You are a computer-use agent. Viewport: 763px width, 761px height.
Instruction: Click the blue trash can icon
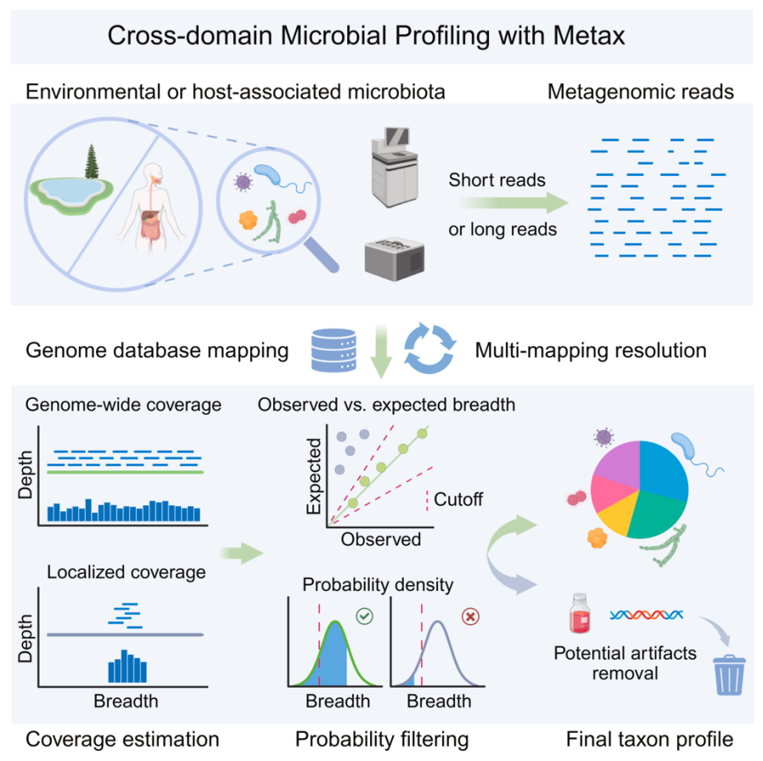pos(729,675)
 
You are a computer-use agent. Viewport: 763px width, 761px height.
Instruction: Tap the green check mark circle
pos(364,616)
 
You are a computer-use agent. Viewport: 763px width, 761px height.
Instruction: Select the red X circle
pos(470,617)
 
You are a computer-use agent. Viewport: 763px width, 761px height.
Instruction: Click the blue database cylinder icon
pos(334,350)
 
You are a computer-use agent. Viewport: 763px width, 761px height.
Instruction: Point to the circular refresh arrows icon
pos(429,348)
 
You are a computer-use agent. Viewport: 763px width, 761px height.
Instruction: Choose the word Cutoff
pos(458,499)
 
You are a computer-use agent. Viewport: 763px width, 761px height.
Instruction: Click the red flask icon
pos(580,613)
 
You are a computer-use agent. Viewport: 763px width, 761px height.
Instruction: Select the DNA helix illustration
pos(646,615)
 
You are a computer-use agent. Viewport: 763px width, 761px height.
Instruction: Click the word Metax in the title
pos(589,36)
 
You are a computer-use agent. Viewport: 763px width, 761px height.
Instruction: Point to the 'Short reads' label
pos(497,180)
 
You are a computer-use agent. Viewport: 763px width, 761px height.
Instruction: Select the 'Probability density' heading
pos(378,584)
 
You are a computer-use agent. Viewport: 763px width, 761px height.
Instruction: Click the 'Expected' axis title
pos(314,476)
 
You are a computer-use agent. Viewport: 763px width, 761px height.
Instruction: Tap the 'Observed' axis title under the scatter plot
pos(380,539)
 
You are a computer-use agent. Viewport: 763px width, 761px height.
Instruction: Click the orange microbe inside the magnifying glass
pos(248,220)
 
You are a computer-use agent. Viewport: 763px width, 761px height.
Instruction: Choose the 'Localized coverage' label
pos(126,572)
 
